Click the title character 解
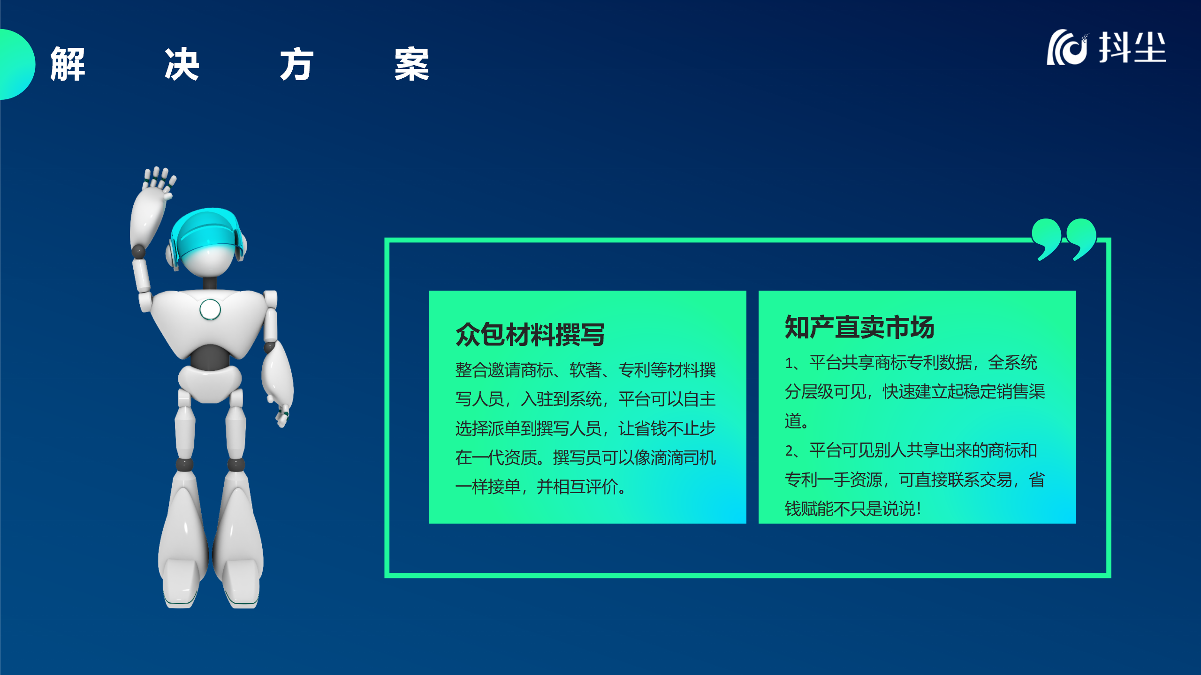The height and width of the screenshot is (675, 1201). (x=68, y=64)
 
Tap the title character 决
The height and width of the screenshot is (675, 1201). (x=182, y=64)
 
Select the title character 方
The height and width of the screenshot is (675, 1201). (x=297, y=64)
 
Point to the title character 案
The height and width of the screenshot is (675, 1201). (x=412, y=64)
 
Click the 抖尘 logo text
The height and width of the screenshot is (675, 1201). (x=1133, y=47)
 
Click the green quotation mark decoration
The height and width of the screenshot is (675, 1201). (x=1064, y=239)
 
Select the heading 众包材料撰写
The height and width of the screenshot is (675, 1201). (x=530, y=334)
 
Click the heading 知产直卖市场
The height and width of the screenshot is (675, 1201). (x=859, y=327)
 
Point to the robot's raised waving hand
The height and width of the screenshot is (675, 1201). (x=159, y=183)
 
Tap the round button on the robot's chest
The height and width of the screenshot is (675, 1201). (x=210, y=309)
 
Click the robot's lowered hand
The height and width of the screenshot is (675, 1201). (x=282, y=415)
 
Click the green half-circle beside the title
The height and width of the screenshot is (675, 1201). (x=17, y=64)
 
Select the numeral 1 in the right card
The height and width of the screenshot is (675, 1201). (x=789, y=363)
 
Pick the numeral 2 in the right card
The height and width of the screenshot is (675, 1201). (x=790, y=451)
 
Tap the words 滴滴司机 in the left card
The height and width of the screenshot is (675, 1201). (x=683, y=457)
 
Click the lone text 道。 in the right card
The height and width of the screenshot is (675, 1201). (x=797, y=421)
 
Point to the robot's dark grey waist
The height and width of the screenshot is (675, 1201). (x=210, y=357)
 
